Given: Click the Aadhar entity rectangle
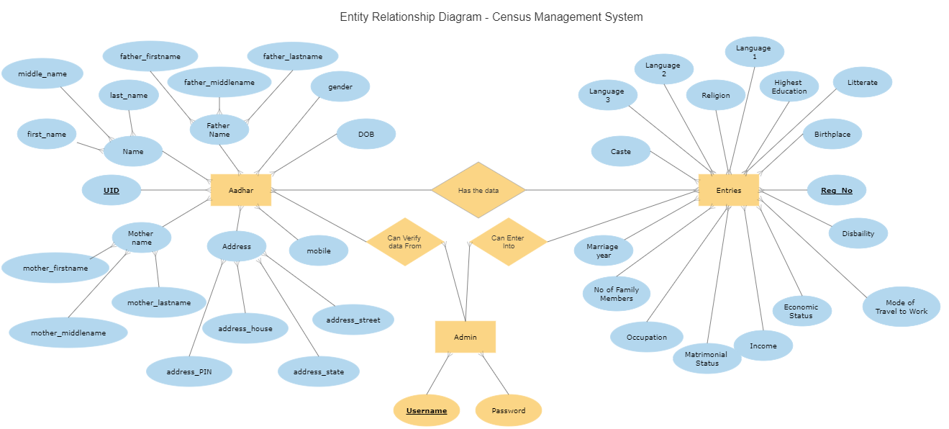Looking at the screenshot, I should (x=240, y=190).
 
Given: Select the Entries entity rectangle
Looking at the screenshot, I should (x=728, y=190).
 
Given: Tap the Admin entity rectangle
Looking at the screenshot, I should (x=465, y=337).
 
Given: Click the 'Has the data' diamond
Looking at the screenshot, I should (x=478, y=190).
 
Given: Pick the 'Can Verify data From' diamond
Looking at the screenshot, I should (x=404, y=242).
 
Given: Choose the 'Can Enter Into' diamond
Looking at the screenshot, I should (x=508, y=242).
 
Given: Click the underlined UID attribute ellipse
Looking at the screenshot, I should (x=112, y=190).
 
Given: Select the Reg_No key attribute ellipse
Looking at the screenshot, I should (x=836, y=190).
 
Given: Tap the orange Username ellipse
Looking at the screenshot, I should (x=426, y=410).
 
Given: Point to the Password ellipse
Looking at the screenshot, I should (x=508, y=410).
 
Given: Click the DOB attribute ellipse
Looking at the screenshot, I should (x=365, y=134).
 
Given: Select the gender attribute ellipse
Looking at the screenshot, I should (x=340, y=86).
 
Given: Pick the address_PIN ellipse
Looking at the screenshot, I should (x=189, y=371).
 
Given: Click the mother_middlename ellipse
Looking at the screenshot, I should (x=68, y=333).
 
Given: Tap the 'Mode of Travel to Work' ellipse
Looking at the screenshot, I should (x=901, y=307).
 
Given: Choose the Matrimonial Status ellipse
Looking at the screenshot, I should (x=707, y=358).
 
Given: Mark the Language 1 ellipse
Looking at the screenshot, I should (x=753, y=52).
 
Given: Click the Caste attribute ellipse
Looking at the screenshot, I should (x=620, y=151).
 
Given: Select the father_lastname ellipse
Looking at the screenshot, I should (x=292, y=56).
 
